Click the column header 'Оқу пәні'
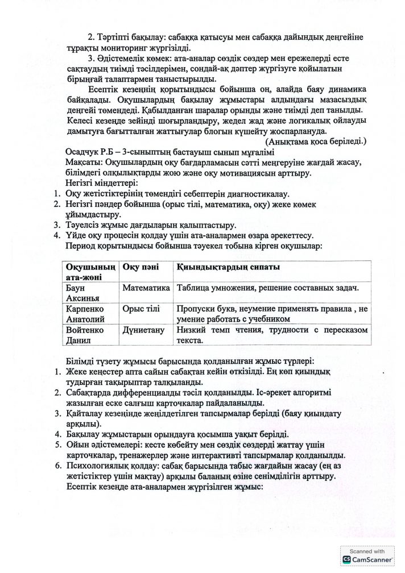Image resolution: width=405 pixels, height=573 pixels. point(139,267)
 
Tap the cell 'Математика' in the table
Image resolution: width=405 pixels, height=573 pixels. point(146,288)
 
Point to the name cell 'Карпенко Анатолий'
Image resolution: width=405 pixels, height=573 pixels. point(86,313)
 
